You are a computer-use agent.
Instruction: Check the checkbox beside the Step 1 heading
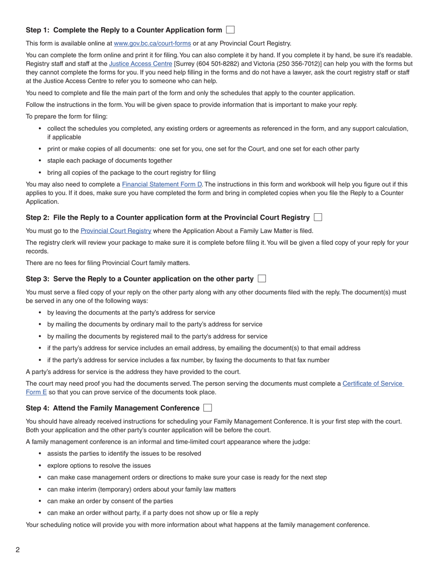coord(230,30)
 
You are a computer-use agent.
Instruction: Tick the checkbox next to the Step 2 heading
coord(318,217)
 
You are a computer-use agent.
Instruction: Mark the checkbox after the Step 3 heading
coord(262,278)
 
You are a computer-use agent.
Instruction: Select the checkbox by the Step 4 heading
coord(207,408)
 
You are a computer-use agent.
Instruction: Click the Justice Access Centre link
coord(140,64)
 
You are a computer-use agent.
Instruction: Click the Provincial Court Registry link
coord(116,231)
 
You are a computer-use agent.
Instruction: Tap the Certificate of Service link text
coord(372,383)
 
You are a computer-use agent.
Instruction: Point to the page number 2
coord(18,550)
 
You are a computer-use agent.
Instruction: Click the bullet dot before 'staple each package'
coord(40,161)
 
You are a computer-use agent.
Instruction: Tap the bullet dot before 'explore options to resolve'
coord(40,466)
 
